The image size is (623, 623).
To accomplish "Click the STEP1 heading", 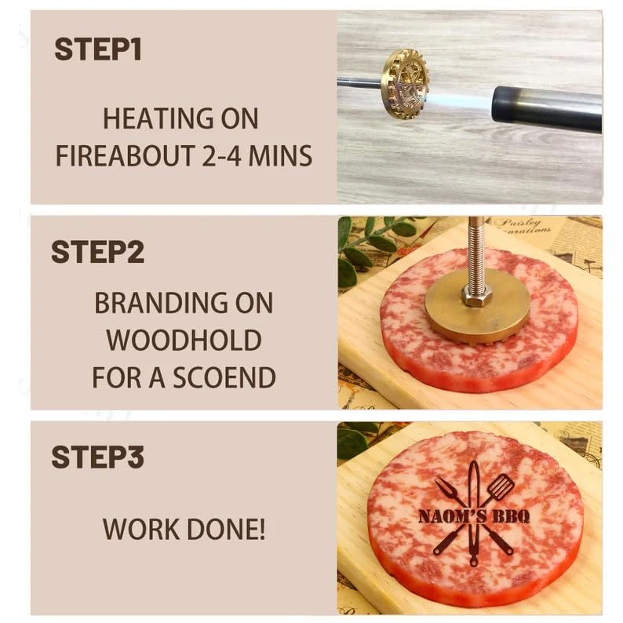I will tap(97, 49).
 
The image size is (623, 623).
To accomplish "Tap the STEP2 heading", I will tap(97, 253).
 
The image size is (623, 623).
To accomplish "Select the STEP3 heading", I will tap(97, 457).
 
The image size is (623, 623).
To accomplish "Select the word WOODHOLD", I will tap(184, 341).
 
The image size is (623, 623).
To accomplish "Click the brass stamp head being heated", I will tap(404, 83).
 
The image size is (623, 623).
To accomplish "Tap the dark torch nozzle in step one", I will tap(546, 109).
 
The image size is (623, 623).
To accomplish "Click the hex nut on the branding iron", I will tap(475, 296).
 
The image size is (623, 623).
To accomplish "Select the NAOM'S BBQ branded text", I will tap(474, 516).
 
